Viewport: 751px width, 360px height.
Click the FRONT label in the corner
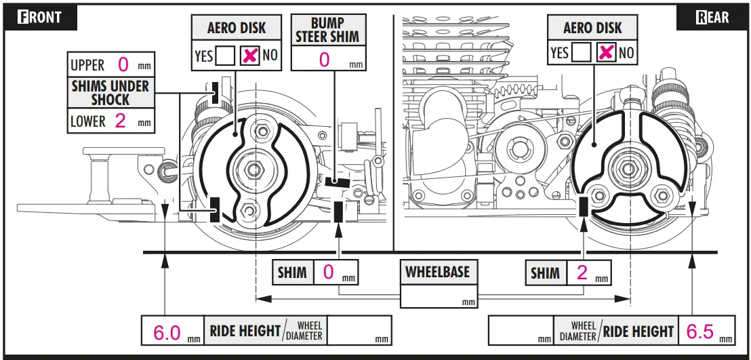pos(40,17)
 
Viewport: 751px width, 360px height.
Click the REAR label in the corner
pos(712,17)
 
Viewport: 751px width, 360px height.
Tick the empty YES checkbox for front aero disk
pos(225,56)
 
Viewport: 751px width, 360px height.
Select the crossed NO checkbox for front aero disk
pos(249,56)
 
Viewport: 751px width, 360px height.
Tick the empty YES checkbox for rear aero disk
pos(582,52)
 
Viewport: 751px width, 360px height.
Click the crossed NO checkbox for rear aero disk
pos(607,52)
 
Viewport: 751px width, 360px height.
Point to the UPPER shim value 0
pos(123,64)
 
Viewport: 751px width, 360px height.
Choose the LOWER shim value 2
pos(120,120)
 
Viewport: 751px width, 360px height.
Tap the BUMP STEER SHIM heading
pos(328,31)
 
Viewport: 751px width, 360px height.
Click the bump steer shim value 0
pos(324,60)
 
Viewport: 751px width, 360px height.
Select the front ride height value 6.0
pos(167,332)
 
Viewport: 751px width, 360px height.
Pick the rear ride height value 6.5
pos(700,332)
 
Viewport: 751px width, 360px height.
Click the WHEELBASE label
pos(439,272)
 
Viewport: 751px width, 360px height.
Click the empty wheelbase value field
pos(439,297)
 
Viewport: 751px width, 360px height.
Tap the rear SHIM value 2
pos(582,273)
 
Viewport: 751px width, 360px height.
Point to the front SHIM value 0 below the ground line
pos(329,273)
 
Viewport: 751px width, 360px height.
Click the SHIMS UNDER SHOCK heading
pos(110,93)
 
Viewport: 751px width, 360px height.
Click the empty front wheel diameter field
pos(359,330)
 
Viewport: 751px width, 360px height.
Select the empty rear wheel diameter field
pos(521,330)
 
